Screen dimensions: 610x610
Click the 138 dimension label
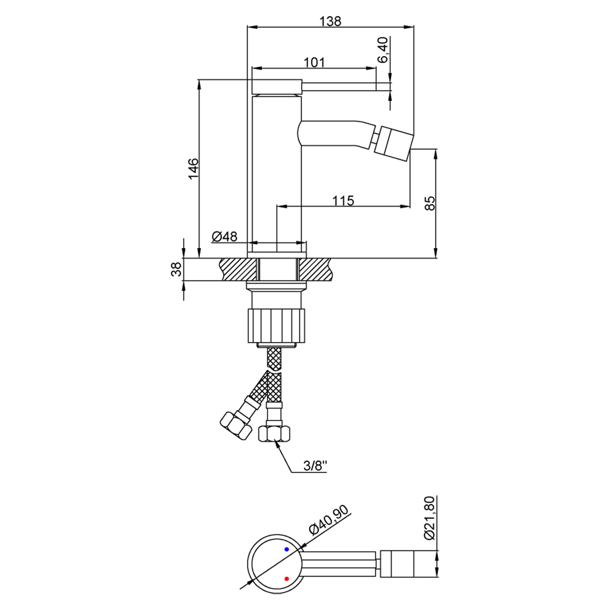331,21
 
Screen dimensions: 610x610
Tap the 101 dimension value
314,63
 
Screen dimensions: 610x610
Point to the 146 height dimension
193,168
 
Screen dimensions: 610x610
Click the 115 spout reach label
343,200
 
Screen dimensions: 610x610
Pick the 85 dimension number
430,203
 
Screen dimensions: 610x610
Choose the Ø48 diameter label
224,236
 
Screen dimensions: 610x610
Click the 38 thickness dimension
176,269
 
